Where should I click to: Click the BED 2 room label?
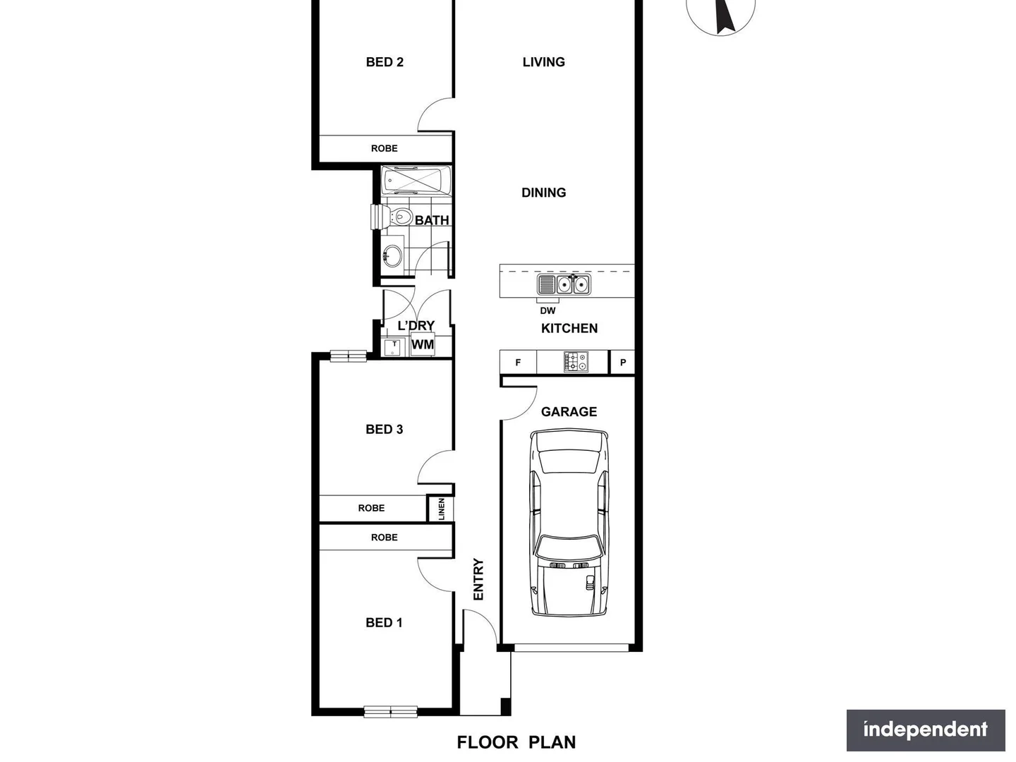[x=385, y=62]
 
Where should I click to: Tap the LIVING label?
[x=543, y=62]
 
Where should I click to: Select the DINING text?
[x=543, y=193]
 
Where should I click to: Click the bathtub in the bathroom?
[x=416, y=181]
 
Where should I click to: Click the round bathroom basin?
[x=392, y=255]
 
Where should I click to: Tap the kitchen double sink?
[x=572, y=284]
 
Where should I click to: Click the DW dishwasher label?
[x=548, y=310]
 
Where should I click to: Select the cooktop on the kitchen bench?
[x=576, y=363]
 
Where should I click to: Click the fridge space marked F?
[x=518, y=363]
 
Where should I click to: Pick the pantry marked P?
[x=622, y=363]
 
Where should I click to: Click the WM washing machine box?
[x=423, y=345]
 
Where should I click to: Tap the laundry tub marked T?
[x=393, y=346]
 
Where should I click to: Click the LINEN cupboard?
[x=441, y=509]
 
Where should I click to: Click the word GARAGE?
[x=569, y=411]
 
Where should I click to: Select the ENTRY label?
[x=478, y=579]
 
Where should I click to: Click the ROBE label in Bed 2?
[x=385, y=148]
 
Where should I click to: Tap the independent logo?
[x=926, y=730]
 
